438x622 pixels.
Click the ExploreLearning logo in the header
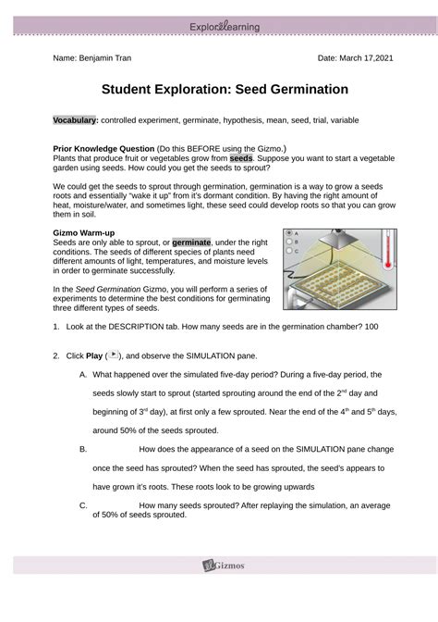(225, 27)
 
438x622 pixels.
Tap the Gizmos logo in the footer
(224, 565)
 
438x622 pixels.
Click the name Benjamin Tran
(105, 58)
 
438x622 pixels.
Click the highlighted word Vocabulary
(76, 120)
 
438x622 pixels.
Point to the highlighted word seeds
(241, 158)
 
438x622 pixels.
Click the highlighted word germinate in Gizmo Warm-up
(191, 243)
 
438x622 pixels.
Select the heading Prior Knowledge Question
(103, 149)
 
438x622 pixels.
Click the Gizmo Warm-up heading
(84, 233)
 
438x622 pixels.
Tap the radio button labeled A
(289, 233)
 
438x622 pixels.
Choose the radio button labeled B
(289, 242)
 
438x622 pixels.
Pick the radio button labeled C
(289, 250)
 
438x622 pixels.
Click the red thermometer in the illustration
(388, 250)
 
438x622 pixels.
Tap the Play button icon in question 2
(114, 355)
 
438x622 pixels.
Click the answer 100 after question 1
(371, 327)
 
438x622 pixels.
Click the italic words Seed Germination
(108, 289)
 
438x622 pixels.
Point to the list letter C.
(83, 505)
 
